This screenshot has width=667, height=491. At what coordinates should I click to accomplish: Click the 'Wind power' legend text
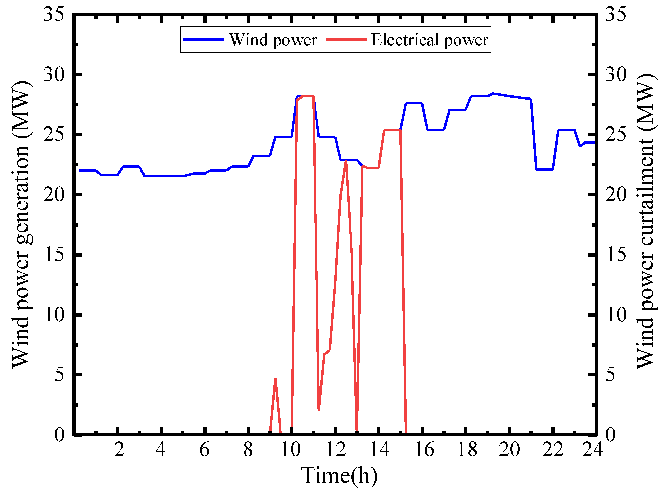point(273,40)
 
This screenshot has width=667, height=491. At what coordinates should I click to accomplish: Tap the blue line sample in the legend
point(204,39)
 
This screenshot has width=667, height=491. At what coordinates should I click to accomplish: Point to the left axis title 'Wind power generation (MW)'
point(21,224)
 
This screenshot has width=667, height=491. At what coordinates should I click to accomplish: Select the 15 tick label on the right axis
point(616,254)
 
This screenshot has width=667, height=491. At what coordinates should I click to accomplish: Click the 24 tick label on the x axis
point(592,449)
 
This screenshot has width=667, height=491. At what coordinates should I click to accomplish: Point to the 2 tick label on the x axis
point(119,449)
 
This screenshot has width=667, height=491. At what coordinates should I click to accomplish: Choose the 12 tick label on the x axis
point(336,449)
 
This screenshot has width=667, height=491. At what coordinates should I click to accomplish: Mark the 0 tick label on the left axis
point(60,434)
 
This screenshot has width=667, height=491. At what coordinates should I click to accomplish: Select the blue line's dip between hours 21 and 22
point(544,169)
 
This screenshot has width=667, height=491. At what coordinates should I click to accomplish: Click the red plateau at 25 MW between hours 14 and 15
point(392,130)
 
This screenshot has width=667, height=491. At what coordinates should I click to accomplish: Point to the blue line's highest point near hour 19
point(493,94)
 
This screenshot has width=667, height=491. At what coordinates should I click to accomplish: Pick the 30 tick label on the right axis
point(616,74)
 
